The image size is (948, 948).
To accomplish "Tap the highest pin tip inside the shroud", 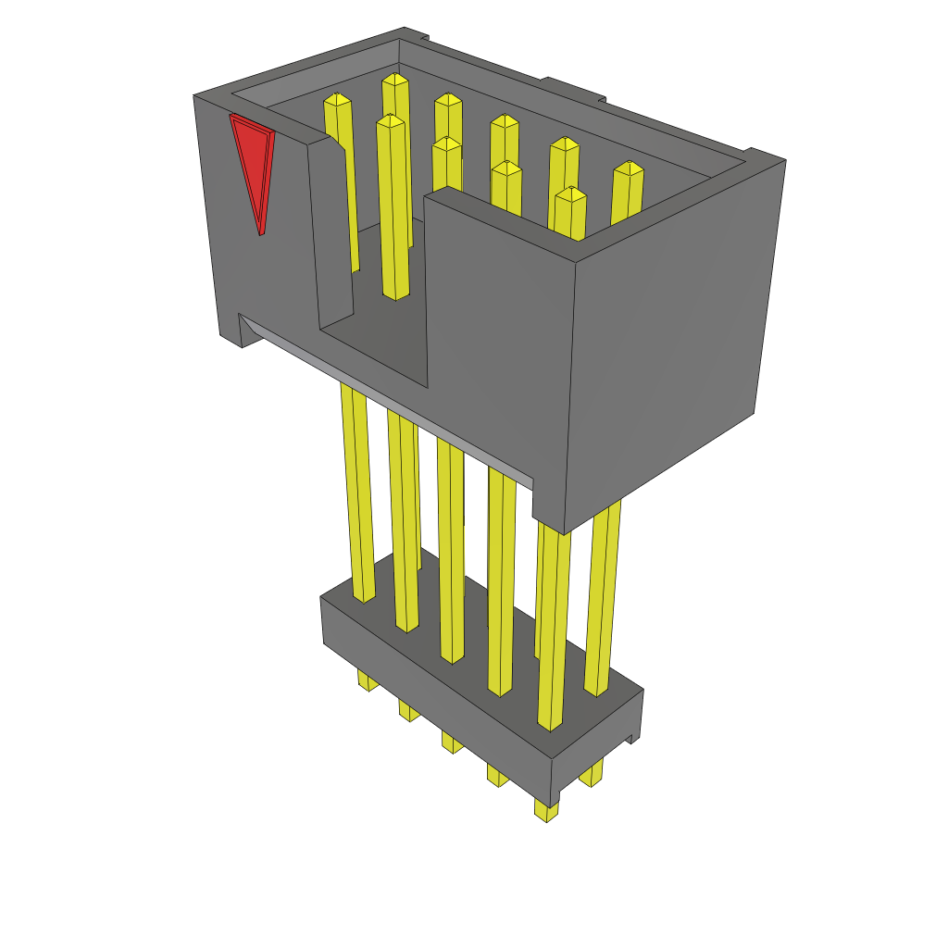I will tap(395, 80).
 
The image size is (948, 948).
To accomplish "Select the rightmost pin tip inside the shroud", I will tap(629, 168).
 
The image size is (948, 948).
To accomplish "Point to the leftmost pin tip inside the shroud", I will tap(337, 99).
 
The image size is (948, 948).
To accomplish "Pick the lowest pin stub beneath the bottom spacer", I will tap(545, 810).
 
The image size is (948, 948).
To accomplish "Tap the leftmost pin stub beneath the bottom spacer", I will tap(367, 680).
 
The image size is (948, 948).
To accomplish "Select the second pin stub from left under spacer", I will tap(408, 711).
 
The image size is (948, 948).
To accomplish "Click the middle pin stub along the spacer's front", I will tap(451, 742).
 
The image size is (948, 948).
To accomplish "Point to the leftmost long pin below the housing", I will tap(357, 491).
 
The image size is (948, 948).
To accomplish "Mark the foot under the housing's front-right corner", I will tap(548, 518).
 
